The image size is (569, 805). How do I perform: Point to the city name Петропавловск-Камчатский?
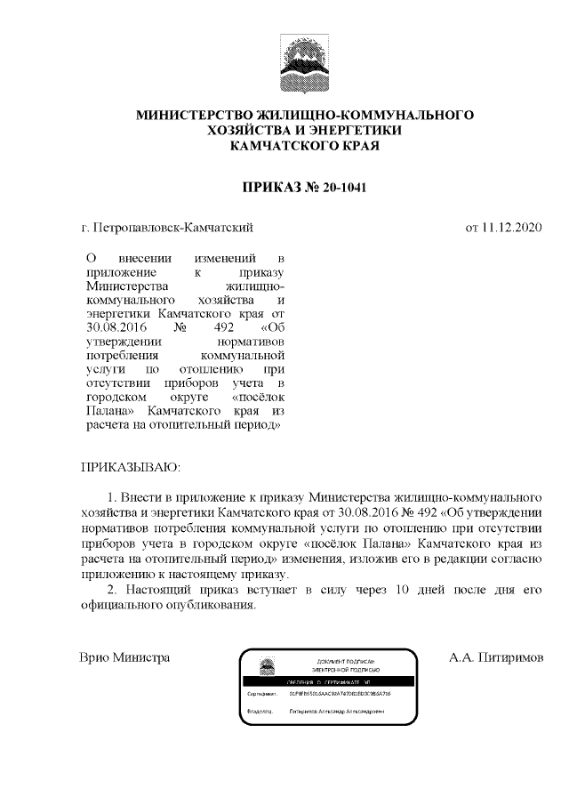pyautogui.click(x=173, y=228)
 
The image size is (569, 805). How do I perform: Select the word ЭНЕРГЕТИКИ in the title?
pyautogui.click(x=356, y=130)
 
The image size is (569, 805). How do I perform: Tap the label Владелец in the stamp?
pyautogui.click(x=259, y=712)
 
